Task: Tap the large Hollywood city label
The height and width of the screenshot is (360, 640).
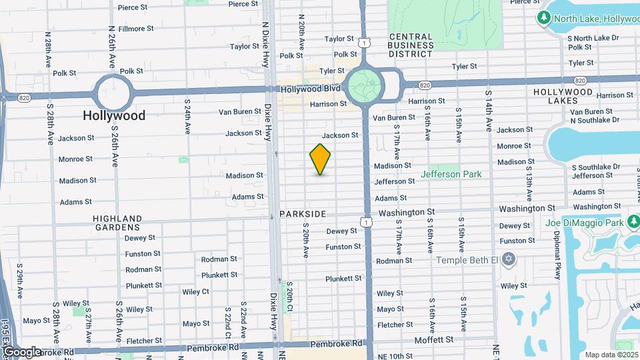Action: tap(114, 115)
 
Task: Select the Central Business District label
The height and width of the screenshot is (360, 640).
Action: tap(411, 45)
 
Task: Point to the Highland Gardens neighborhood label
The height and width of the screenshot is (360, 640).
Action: tap(117, 223)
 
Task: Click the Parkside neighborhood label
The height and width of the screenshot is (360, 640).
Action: tap(303, 214)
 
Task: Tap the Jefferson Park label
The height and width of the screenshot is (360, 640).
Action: tap(451, 175)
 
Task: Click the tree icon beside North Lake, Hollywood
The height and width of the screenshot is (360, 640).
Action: tap(543, 17)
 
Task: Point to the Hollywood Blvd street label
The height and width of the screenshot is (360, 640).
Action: tap(311, 89)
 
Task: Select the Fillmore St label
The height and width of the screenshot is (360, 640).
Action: tap(136, 29)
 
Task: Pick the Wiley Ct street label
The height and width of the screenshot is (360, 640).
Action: tap(195, 291)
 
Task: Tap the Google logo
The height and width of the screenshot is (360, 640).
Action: tap(21, 351)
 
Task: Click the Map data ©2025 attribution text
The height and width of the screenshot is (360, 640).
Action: tap(610, 355)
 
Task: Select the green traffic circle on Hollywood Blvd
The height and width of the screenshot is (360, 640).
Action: tap(365, 86)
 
